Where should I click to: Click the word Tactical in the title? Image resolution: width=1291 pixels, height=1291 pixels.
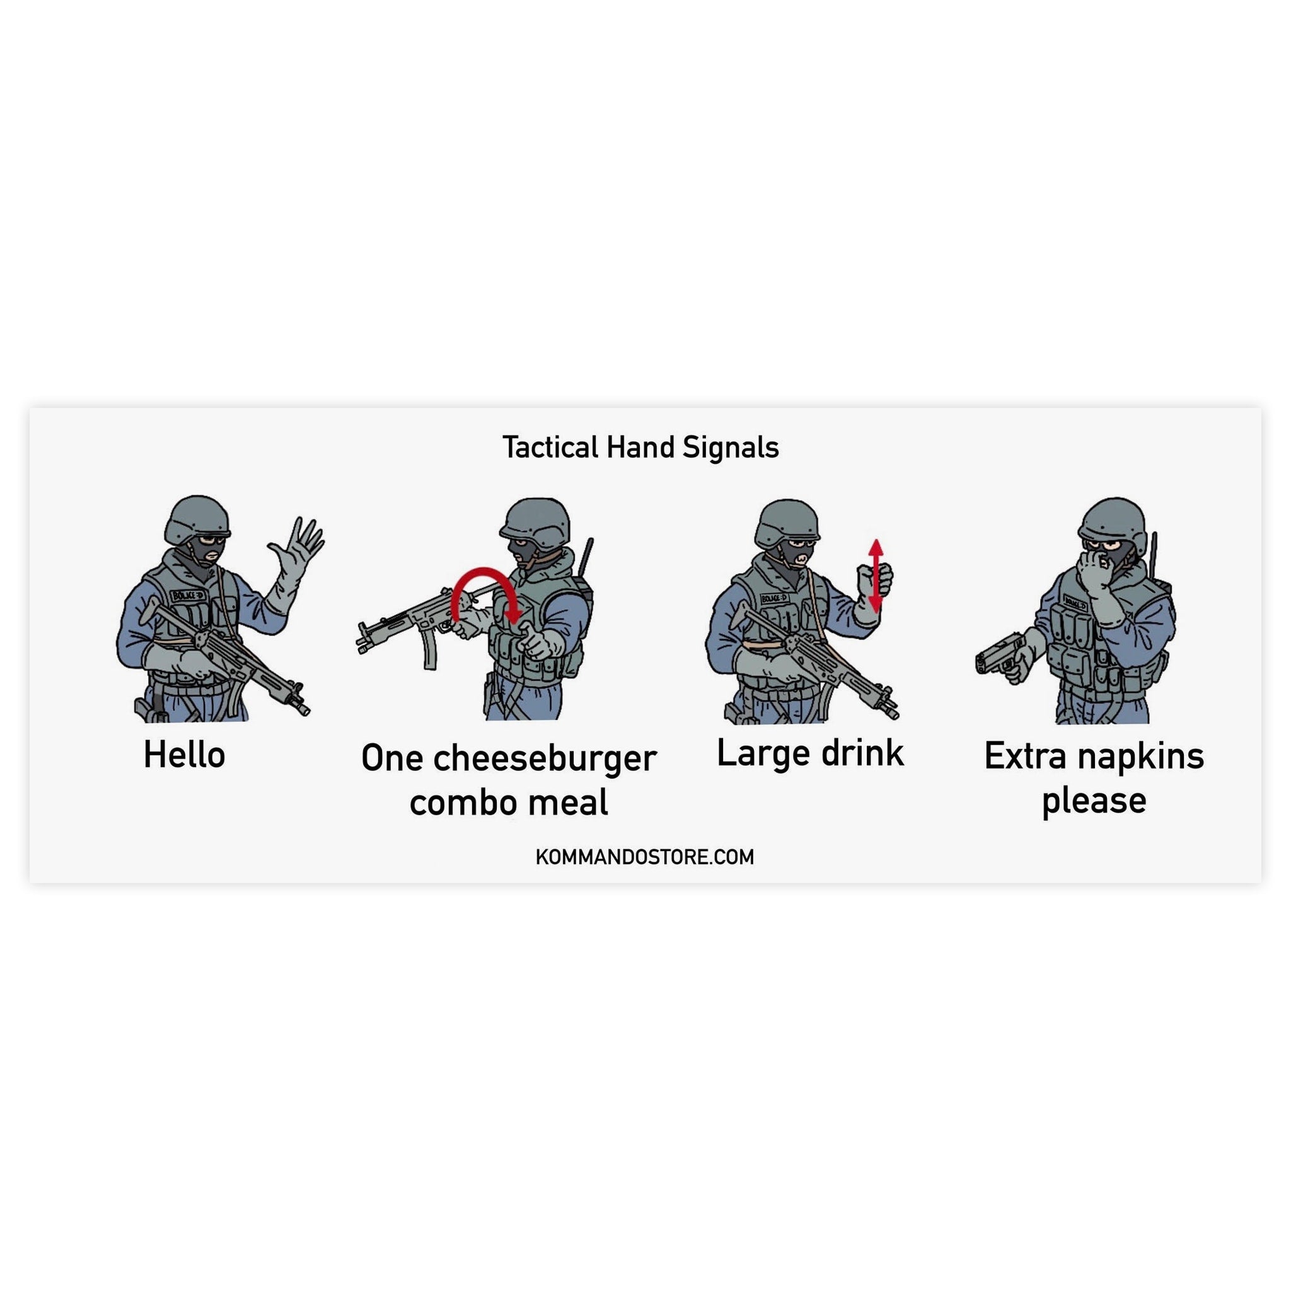(x=550, y=448)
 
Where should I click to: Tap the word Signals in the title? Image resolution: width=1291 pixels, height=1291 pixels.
(x=731, y=448)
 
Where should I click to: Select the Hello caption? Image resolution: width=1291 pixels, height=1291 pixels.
(x=185, y=755)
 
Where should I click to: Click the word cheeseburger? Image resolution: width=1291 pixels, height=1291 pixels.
(x=545, y=758)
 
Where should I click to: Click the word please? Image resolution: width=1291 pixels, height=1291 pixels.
(x=1094, y=800)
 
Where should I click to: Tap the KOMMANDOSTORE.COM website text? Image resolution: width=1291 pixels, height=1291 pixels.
(x=645, y=857)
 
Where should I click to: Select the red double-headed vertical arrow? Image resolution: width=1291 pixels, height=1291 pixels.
(x=876, y=576)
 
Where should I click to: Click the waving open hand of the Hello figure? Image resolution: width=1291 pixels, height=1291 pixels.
(x=301, y=543)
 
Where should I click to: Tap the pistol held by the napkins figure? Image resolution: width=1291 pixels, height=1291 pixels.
(x=999, y=654)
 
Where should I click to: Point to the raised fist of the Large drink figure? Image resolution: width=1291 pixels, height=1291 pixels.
(x=875, y=581)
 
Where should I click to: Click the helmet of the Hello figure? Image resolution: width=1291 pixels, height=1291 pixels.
(x=197, y=518)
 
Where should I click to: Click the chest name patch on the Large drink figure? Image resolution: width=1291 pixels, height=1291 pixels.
(x=775, y=598)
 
